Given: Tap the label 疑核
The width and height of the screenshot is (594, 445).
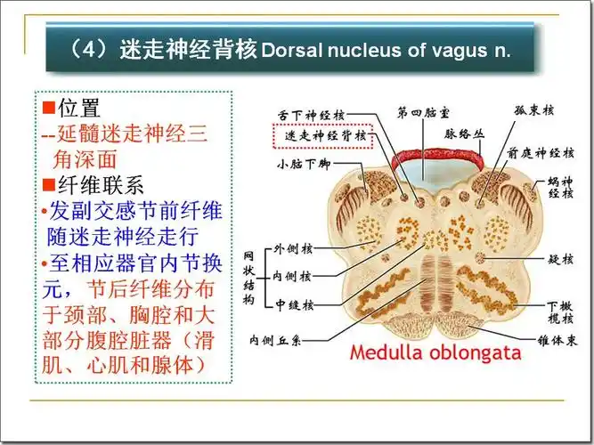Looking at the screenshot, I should pyautogui.click(x=560, y=259).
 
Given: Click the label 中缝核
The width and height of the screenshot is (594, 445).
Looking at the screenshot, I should pyautogui.click(x=295, y=305).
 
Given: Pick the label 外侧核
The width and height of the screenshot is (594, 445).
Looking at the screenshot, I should pyautogui.click(x=295, y=248).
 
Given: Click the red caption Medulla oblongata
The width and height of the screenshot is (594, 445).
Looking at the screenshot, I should pyautogui.click(x=435, y=352).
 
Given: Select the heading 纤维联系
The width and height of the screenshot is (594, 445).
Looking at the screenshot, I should pyautogui.click(x=99, y=186).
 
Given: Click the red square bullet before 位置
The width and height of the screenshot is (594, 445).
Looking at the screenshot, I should pyautogui.click(x=49, y=110).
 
